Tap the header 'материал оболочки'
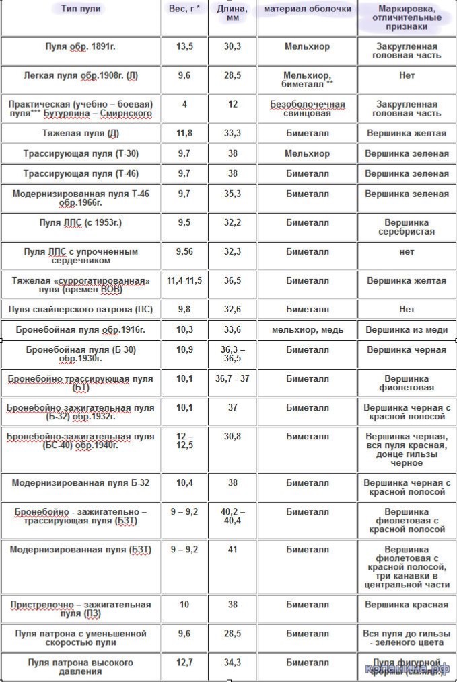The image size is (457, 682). click(x=307, y=9)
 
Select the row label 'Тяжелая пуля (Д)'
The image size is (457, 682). click(x=81, y=133)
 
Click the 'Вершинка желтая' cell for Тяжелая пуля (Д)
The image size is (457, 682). click(x=407, y=133)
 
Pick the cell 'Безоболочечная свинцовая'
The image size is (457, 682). click(x=308, y=110)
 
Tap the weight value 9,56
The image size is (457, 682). click(x=184, y=251)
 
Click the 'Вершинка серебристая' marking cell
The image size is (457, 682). click(x=407, y=226)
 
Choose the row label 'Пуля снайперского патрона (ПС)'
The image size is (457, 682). click(x=81, y=310)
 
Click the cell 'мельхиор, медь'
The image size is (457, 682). click(x=308, y=330)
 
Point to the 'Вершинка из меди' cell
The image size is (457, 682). click(x=407, y=330)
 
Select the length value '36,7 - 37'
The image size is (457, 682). click(x=232, y=378)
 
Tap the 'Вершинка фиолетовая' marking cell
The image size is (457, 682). click(x=407, y=383)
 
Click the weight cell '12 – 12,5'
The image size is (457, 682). click(x=184, y=441)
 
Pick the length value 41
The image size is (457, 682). click(x=232, y=549)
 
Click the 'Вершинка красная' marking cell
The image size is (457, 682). click(x=407, y=604)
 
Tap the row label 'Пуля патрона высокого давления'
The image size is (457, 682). click(x=81, y=667)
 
